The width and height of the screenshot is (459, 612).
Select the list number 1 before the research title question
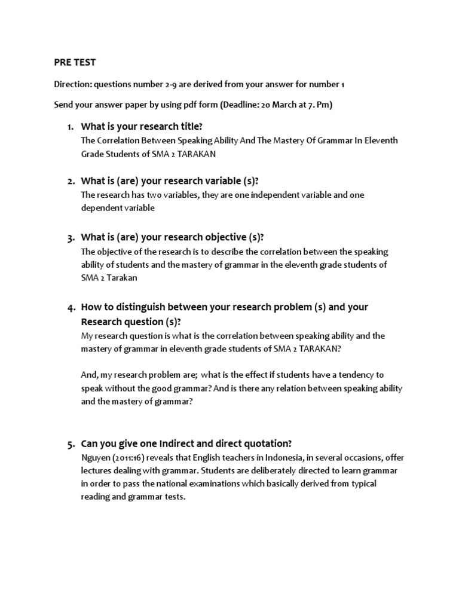pyautogui.click(x=70, y=127)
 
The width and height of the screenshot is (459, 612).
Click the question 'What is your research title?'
pyautogui.click(x=142, y=127)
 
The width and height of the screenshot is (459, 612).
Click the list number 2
pyautogui.click(x=70, y=181)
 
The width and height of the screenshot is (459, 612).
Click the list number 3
pyautogui.click(x=70, y=237)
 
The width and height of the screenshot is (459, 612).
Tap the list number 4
pyautogui.click(x=70, y=307)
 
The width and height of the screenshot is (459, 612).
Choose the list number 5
pyautogui.click(x=70, y=443)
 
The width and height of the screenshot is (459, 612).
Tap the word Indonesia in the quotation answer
pyautogui.click(x=284, y=458)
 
